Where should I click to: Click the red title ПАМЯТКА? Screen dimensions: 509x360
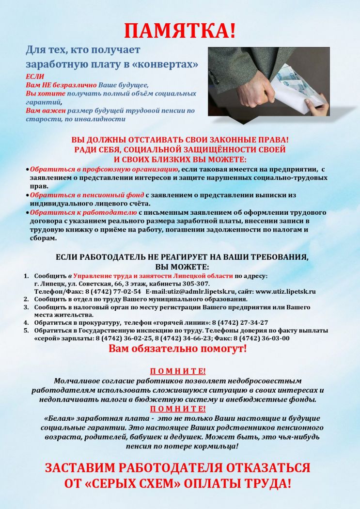click(x=180, y=30)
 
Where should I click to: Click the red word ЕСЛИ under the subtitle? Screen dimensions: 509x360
click(x=34, y=77)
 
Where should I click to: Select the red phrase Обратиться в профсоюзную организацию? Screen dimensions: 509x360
click(x=104, y=169)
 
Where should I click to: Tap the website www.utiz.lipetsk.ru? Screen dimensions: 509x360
click(x=285, y=291)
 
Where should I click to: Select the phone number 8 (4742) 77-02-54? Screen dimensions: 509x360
click(x=113, y=291)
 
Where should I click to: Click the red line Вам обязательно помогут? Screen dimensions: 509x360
click(x=177, y=349)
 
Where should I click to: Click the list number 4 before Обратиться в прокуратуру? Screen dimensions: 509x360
click(x=27, y=322)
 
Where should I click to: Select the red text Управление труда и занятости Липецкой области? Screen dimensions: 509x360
click(x=153, y=276)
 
